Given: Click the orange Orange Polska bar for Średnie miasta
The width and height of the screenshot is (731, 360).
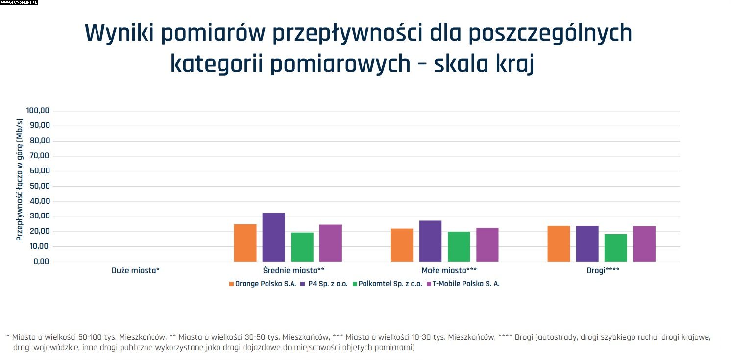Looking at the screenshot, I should (245, 243).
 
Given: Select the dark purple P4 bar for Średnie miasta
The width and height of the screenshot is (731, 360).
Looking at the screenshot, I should (273, 237).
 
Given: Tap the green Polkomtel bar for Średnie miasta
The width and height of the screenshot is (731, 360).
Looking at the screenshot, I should (302, 247).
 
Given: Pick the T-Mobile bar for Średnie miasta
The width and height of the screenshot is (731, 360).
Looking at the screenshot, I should (330, 243).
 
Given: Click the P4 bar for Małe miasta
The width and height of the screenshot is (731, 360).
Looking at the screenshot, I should (430, 241).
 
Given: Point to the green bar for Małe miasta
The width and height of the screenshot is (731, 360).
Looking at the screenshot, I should (459, 246).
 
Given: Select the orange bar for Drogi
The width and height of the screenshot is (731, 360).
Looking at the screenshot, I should (559, 243).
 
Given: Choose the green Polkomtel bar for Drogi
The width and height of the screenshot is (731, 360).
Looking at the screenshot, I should (615, 248).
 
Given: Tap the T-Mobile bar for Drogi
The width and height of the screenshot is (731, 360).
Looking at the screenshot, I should (644, 244).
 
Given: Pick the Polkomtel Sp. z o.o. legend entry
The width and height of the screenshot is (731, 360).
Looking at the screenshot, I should (390, 284).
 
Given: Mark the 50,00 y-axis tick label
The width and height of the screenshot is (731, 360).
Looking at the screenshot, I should (40, 186).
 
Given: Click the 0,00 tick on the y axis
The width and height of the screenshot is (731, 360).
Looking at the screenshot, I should (42, 262).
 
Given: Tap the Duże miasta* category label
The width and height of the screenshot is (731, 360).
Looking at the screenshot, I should (136, 270).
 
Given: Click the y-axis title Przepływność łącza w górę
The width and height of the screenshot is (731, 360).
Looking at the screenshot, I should (20, 179).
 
